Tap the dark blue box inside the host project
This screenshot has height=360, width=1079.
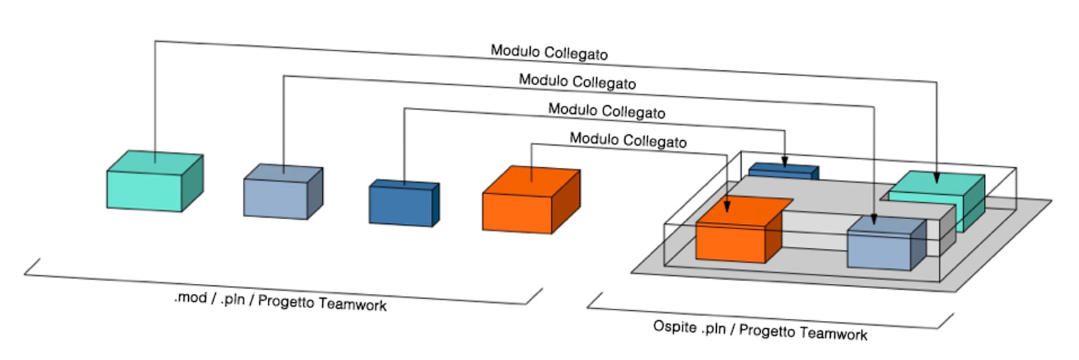point(782,171)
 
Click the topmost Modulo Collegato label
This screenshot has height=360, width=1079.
point(549,53)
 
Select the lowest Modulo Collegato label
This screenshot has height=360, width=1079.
point(628,140)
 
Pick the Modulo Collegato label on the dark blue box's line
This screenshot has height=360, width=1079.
point(606,111)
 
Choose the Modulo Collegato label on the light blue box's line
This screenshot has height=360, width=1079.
point(577,82)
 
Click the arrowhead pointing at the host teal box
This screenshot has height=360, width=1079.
point(936,178)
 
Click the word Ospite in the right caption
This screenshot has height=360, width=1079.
point(674,327)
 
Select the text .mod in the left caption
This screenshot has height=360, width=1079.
point(190,297)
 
